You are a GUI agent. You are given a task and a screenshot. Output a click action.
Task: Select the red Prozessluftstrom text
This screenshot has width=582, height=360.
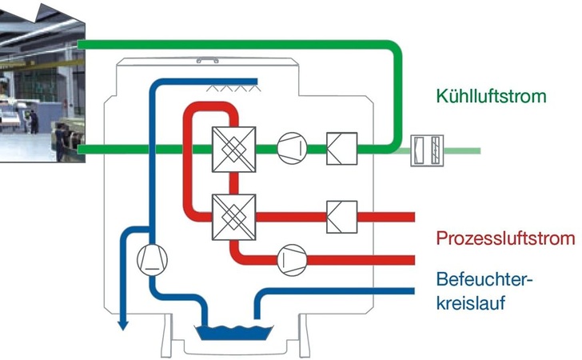[505, 238]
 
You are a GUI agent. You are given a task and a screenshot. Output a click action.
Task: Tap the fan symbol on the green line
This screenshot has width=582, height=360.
[292, 149]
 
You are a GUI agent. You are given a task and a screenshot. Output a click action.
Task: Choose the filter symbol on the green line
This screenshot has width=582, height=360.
[341, 149]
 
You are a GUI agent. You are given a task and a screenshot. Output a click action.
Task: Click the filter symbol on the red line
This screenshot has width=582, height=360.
[341, 216]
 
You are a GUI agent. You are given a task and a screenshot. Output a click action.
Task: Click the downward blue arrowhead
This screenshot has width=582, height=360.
[122, 324]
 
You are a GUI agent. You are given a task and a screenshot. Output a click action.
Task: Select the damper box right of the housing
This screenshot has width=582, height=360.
[424, 150]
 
